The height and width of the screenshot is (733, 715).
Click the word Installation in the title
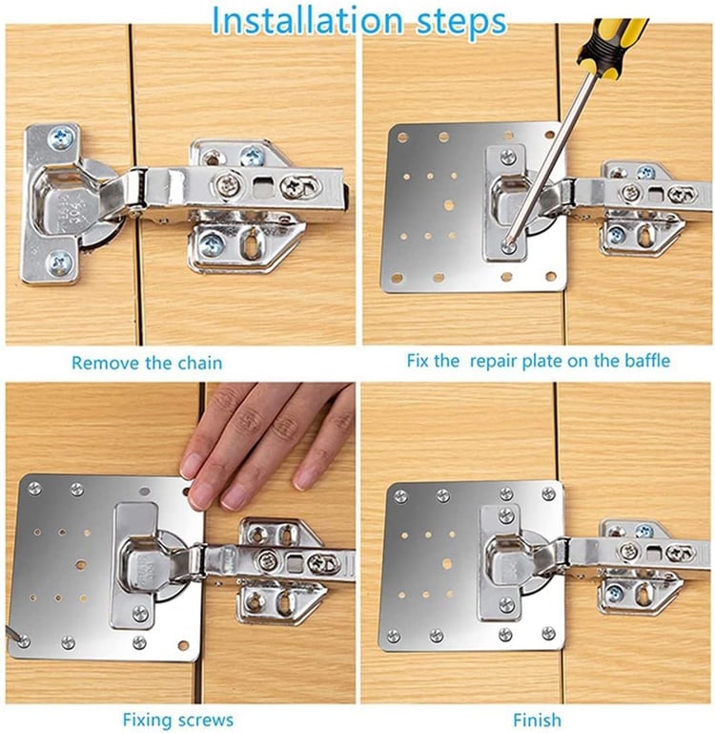tap(307, 21)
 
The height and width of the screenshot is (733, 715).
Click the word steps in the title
tap(461, 22)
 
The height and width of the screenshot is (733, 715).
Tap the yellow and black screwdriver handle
tap(610, 47)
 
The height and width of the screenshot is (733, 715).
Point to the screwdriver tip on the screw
tap(508, 243)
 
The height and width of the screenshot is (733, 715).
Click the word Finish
tap(537, 720)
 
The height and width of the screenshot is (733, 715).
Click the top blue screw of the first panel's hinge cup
tap(61, 137)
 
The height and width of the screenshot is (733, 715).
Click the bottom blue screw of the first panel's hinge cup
tap(60, 262)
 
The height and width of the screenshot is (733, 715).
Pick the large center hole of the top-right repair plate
tap(449, 205)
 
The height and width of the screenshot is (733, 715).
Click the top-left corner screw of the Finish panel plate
tap(400, 496)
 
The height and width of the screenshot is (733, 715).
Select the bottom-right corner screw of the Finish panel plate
tap(549, 634)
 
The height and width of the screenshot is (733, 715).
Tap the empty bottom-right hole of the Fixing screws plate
tap(184, 645)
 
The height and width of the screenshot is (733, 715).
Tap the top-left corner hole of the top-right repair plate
tap(401, 137)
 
